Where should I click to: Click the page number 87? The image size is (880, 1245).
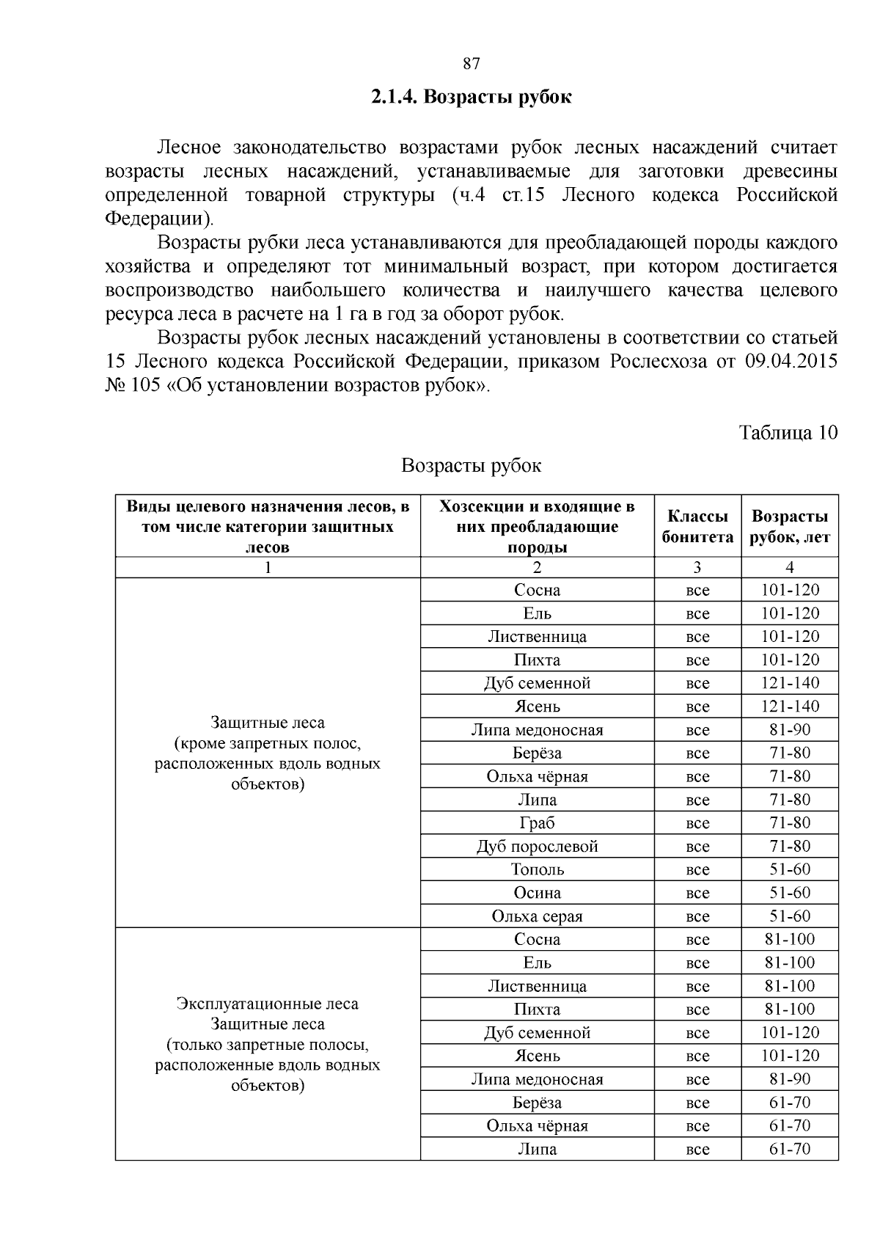(472, 64)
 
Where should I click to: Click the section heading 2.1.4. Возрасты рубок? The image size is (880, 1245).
(471, 98)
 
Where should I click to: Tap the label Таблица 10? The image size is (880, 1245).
(788, 432)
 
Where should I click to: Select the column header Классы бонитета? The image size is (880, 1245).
(697, 526)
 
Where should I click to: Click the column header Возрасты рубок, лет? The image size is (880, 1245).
(790, 526)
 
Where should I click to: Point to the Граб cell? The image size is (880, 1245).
(537, 823)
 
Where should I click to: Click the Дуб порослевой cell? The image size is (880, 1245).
(537, 847)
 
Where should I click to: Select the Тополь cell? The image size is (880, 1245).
(537, 869)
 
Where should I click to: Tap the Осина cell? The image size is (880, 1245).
(537, 893)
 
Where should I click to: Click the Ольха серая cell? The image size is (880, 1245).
(537, 916)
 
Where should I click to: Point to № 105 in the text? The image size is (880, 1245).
(133, 386)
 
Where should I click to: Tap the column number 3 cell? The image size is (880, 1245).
(697, 567)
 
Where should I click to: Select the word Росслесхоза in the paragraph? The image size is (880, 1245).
(653, 362)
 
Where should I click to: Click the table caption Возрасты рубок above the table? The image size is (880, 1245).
(471, 466)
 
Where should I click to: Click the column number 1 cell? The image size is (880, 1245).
(268, 567)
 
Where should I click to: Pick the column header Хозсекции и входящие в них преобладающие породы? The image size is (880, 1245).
(537, 526)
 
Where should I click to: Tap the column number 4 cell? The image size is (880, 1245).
(790, 567)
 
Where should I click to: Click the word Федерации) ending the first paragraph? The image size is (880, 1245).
(161, 219)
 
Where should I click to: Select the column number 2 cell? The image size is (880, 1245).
(537, 567)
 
